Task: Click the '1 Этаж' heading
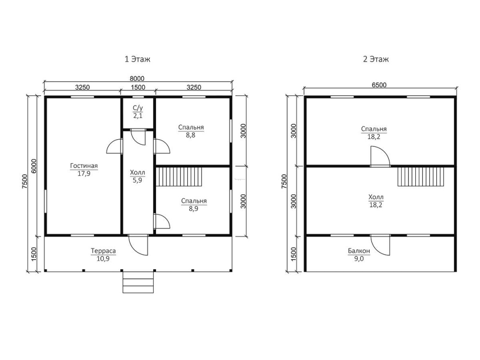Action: (137, 59)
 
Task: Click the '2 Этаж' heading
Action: (376, 59)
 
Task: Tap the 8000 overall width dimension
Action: (137, 79)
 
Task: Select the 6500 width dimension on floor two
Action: (379, 85)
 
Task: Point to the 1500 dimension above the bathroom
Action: (138, 87)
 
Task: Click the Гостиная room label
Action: (84, 166)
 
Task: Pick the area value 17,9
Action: (84, 174)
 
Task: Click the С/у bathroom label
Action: (138, 108)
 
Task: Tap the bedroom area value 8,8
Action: (191, 135)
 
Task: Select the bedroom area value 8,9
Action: (193, 209)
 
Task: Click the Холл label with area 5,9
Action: (137, 173)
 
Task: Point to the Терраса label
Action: (103, 251)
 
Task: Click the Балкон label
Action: (359, 251)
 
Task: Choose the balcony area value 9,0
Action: (359, 259)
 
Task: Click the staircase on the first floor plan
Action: (180, 176)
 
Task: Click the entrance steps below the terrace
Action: (138, 282)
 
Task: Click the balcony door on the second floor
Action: (380, 245)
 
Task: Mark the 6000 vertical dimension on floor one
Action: (34, 166)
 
